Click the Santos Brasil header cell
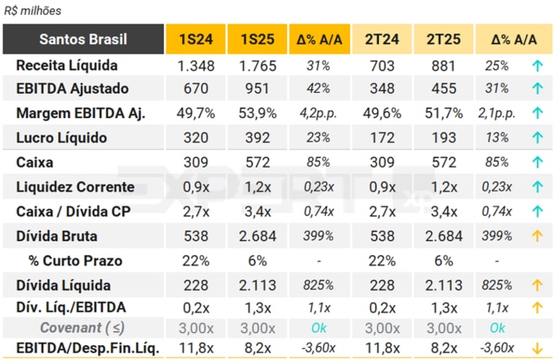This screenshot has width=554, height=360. click(83, 39)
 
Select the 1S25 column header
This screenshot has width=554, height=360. click(257, 39)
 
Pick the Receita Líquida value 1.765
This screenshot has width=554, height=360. click(257, 65)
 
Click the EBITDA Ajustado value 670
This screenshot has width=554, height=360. click(195, 88)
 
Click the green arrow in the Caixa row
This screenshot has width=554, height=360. click(537, 162)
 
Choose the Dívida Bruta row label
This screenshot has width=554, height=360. click(56, 236)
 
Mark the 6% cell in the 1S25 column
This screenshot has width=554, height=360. click(257, 260)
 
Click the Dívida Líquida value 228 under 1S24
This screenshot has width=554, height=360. click(195, 285)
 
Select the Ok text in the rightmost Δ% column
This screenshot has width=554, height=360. click(497, 327)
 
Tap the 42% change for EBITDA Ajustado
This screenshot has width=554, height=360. click(319, 88)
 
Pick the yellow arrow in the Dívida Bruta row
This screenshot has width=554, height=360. click(537, 236)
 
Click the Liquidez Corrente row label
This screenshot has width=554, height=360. click(75, 187)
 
